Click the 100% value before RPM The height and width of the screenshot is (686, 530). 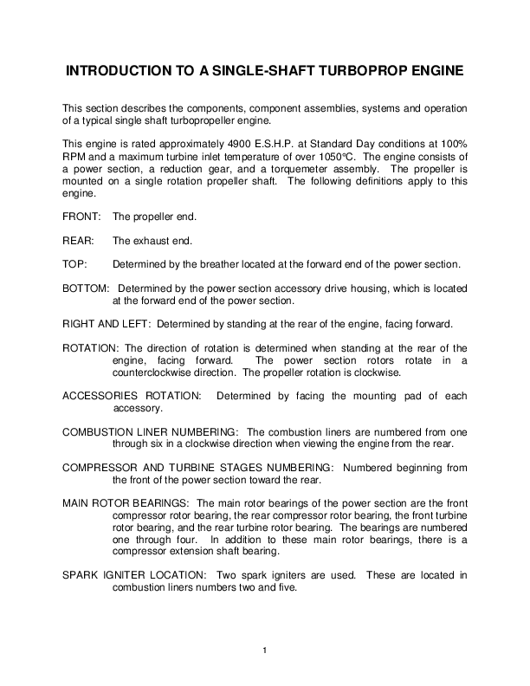[451, 142]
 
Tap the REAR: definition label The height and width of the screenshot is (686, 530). [78, 240]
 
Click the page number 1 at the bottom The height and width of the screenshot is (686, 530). [265, 649]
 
